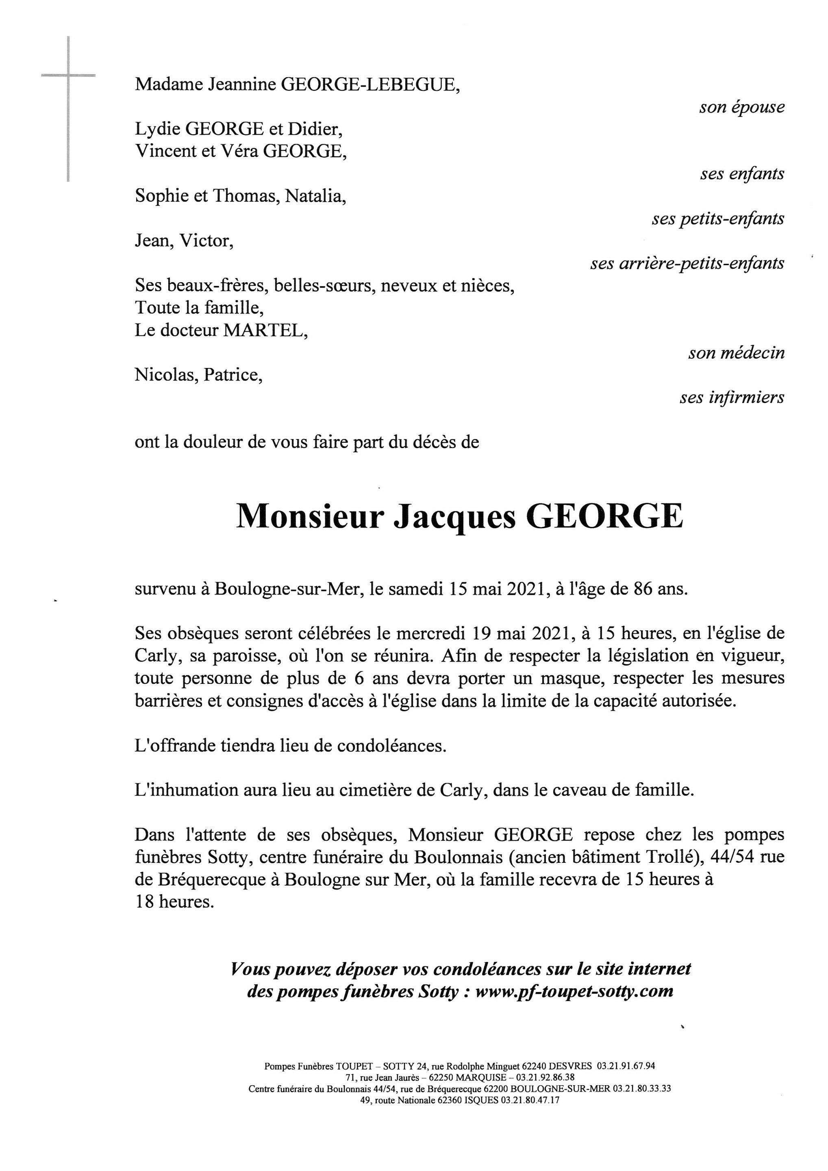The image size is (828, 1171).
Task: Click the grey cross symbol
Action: click(68, 76)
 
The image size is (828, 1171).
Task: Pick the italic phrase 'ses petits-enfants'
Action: click(717, 219)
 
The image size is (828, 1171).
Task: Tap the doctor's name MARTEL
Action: click(265, 331)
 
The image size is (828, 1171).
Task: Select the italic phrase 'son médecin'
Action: click(736, 353)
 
